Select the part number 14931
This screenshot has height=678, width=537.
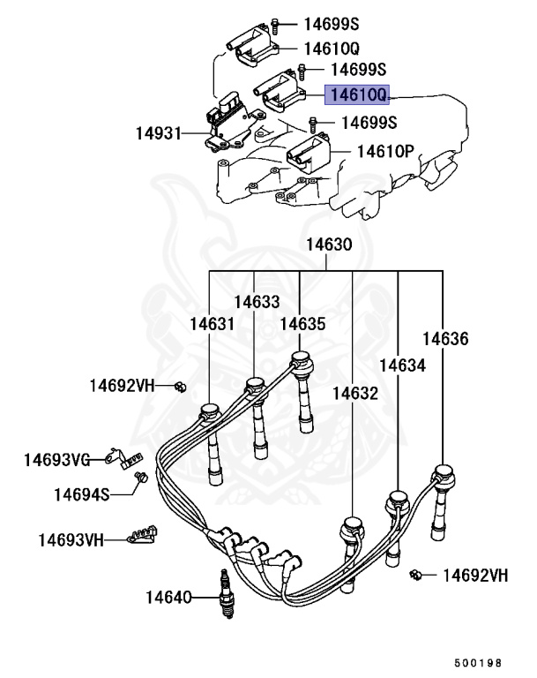click(160, 134)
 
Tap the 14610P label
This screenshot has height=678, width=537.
click(384, 151)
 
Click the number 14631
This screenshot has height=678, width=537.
click(212, 324)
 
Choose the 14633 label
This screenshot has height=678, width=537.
click(257, 301)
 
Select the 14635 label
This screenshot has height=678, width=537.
click(302, 324)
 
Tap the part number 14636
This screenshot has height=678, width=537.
click(444, 338)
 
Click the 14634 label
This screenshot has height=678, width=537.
click(401, 365)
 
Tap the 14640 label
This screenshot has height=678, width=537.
click(169, 599)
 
